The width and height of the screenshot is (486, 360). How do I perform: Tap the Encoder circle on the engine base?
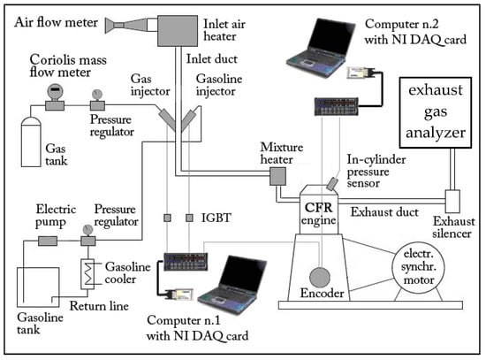click(x=320, y=277)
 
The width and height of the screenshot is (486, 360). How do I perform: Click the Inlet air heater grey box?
click(x=178, y=31)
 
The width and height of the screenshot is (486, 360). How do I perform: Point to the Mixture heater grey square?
click(x=277, y=176)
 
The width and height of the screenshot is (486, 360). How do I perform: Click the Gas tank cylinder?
click(x=31, y=142)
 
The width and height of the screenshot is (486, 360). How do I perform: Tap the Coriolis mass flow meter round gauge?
click(x=55, y=91)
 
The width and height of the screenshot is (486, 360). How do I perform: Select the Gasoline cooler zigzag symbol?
click(x=87, y=274)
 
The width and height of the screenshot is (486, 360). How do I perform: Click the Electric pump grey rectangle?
click(x=48, y=241)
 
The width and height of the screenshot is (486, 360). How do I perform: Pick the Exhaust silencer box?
click(x=452, y=202)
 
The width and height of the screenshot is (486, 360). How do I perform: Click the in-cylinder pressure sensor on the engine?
click(x=332, y=184)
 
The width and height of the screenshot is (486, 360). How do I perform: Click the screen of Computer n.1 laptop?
click(x=244, y=275)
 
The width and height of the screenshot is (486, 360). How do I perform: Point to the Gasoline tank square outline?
click(x=18, y=287)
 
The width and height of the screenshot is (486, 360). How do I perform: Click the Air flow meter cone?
click(x=126, y=25)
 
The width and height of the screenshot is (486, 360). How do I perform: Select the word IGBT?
click(x=216, y=218)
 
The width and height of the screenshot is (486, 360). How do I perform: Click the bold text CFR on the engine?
click(x=319, y=207)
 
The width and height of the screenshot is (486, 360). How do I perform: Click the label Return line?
click(x=99, y=306)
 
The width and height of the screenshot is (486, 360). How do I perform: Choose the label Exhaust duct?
click(x=384, y=212)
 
